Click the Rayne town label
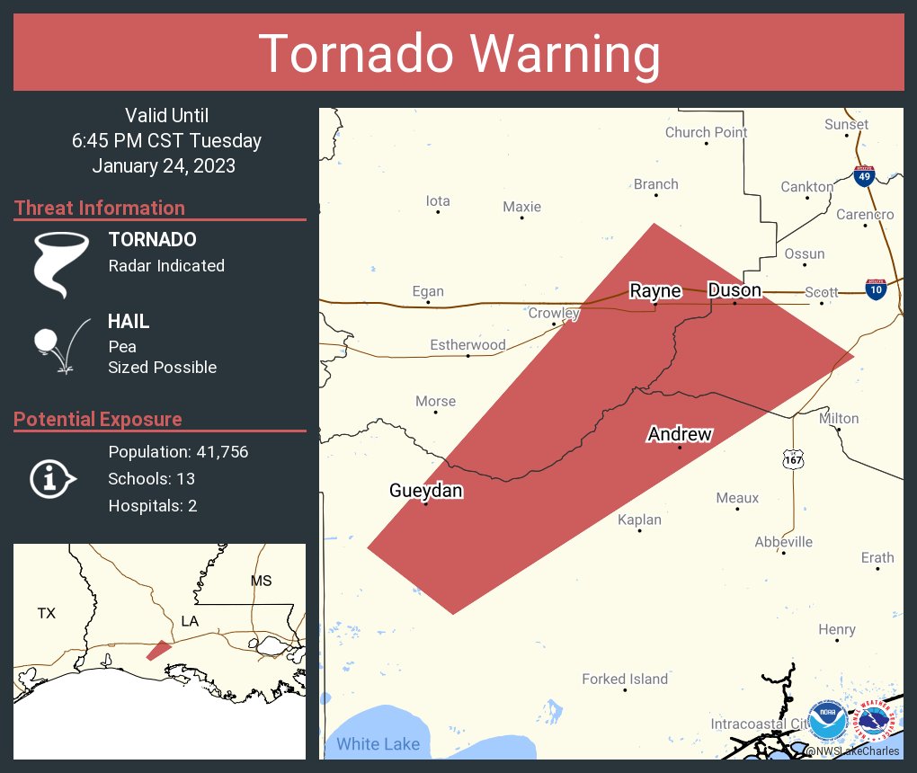(x=654, y=290)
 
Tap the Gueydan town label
(x=426, y=490)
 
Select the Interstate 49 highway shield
(x=864, y=176)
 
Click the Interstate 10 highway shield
(x=876, y=289)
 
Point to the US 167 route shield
(x=792, y=458)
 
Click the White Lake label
(x=378, y=744)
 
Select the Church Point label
(x=706, y=132)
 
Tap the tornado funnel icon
(x=60, y=262)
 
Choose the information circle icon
(x=52, y=478)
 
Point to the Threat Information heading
(x=100, y=208)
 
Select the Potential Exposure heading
(x=98, y=419)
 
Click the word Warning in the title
(x=556, y=54)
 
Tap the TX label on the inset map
(x=47, y=613)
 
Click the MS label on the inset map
(x=261, y=581)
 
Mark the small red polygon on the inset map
(x=158, y=649)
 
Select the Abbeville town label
(x=784, y=541)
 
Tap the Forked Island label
(x=625, y=679)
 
